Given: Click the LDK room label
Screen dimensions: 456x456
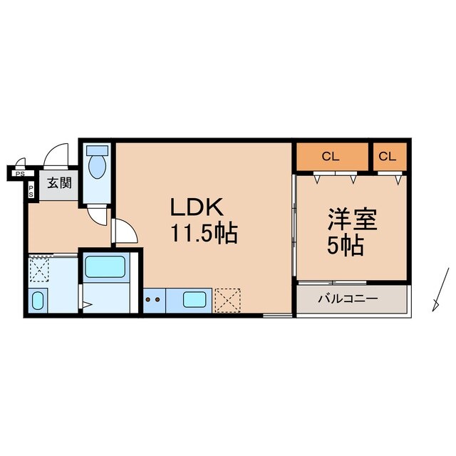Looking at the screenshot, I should pyautogui.click(x=197, y=208).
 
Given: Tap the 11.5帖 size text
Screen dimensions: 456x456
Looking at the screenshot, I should pyautogui.click(x=203, y=232).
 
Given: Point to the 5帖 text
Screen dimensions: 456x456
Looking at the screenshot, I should pyautogui.click(x=346, y=246).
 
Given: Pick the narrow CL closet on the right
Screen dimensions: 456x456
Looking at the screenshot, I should pyautogui.click(x=388, y=156).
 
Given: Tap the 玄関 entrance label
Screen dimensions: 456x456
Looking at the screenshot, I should pyautogui.click(x=59, y=182).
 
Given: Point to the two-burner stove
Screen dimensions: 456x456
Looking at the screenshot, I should pyautogui.click(x=153, y=300).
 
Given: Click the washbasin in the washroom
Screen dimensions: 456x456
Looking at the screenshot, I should pyautogui.click(x=38, y=299).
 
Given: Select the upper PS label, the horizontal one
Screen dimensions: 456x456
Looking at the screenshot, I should pyautogui.click(x=20, y=172).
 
